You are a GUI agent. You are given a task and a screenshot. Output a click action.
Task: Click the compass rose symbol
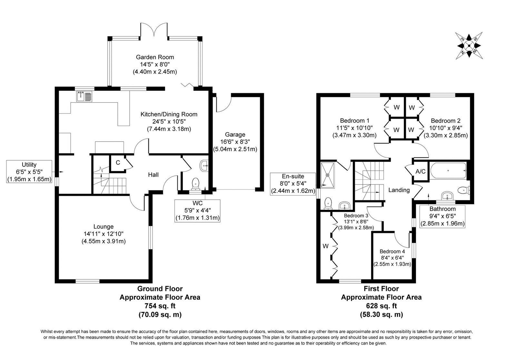469,45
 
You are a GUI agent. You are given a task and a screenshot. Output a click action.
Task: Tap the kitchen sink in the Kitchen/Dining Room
84,96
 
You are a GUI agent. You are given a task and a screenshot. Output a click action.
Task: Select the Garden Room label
155,57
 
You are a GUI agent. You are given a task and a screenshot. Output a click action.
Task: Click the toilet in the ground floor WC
195,184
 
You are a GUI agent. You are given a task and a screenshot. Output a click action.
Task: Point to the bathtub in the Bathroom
448,171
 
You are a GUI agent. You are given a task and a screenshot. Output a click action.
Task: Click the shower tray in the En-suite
327,175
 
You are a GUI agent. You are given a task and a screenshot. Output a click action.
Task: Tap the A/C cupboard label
421,172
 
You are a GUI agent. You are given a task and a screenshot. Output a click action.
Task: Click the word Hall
153,175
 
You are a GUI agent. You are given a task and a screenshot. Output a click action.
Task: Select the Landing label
399,190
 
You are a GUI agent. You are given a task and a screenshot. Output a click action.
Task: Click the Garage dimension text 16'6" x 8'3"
235,142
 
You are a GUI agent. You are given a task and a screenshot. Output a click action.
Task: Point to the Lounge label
104,226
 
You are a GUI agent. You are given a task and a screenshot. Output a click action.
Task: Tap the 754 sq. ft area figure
160,306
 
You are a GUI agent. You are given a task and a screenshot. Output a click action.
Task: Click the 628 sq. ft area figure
382,306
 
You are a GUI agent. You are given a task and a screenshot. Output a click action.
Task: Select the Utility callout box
29,172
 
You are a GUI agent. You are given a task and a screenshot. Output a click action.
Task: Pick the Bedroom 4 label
392,251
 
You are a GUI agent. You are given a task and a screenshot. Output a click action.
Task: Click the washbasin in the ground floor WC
204,166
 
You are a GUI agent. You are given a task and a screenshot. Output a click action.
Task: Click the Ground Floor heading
160,289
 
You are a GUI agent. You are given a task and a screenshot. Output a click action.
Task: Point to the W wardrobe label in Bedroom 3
325,246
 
